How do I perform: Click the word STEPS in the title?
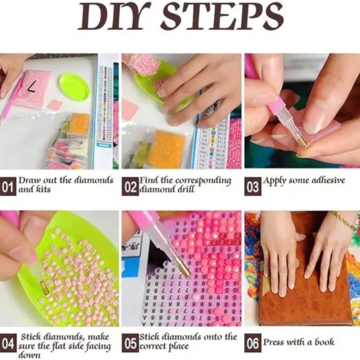click(x=223, y=16)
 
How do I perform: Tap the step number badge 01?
click(x=8, y=186)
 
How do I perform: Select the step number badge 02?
click(x=130, y=186)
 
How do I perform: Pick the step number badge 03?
click(x=253, y=186)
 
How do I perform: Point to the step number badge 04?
click(x=8, y=343)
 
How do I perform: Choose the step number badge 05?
click(x=130, y=343)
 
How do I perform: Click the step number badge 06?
click(x=253, y=343)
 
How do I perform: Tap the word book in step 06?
click(x=325, y=342)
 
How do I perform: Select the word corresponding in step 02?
click(x=203, y=181)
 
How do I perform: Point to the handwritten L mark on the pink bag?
click(x=30, y=87)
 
